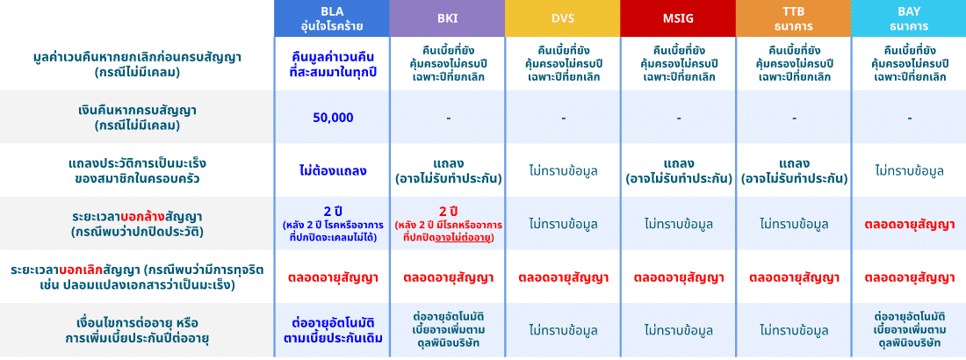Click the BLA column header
click(332, 18)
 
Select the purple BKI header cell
click(447, 18)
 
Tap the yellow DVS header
click(562, 18)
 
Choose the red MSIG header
click(678, 18)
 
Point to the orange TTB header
click(794, 18)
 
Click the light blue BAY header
click(909, 18)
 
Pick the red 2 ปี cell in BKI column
click(447, 223)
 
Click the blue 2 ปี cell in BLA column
click(332, 223)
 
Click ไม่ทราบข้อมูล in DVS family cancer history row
click(562, 170)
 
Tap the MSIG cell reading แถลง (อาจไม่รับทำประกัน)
click(678, 171)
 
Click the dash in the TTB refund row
click(794, 118)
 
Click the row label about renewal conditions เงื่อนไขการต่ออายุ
click(137, 330)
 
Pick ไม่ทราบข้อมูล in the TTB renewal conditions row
click(794, 330)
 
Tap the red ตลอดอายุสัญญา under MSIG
click(678, 277)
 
